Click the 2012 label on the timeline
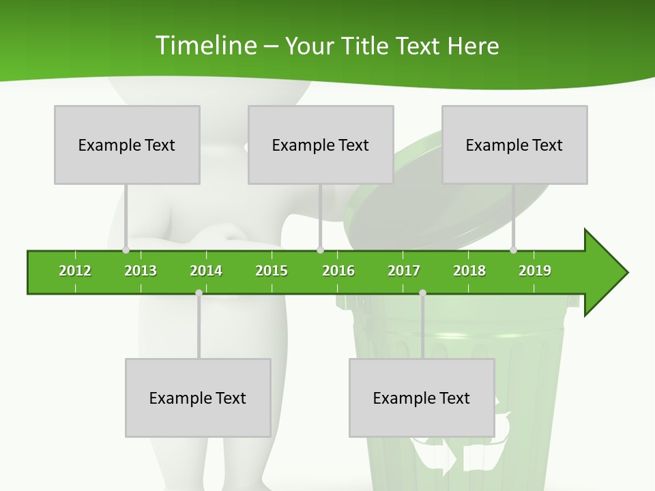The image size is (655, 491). (x=75, y=271)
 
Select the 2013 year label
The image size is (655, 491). (x=141, y=271)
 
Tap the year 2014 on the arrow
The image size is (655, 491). (x=206, y=271)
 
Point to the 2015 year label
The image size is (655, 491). (x=272, y=271)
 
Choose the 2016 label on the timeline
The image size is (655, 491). (x=338, y=271)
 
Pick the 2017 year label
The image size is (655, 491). (x=404, y=271)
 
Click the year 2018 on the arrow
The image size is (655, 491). (x=469, y=271)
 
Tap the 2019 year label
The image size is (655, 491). (x=535, y=271)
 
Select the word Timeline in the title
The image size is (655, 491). (x=205, y=46)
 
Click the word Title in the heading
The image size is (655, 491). (x=366, y=46)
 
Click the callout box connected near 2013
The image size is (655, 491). (x=127, y=145)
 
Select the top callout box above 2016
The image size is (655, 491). (x=321, y=145)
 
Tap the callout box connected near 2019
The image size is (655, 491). (x=514, y=145)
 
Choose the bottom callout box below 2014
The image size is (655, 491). (x=198, y=398)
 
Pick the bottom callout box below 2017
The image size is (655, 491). (x=422, y=398)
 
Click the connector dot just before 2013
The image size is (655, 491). (x=126, y=250)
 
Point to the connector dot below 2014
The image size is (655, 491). (x=199, y=293)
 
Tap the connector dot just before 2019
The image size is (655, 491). (x=513, y=250)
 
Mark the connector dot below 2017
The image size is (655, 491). (x=422, y=293)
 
